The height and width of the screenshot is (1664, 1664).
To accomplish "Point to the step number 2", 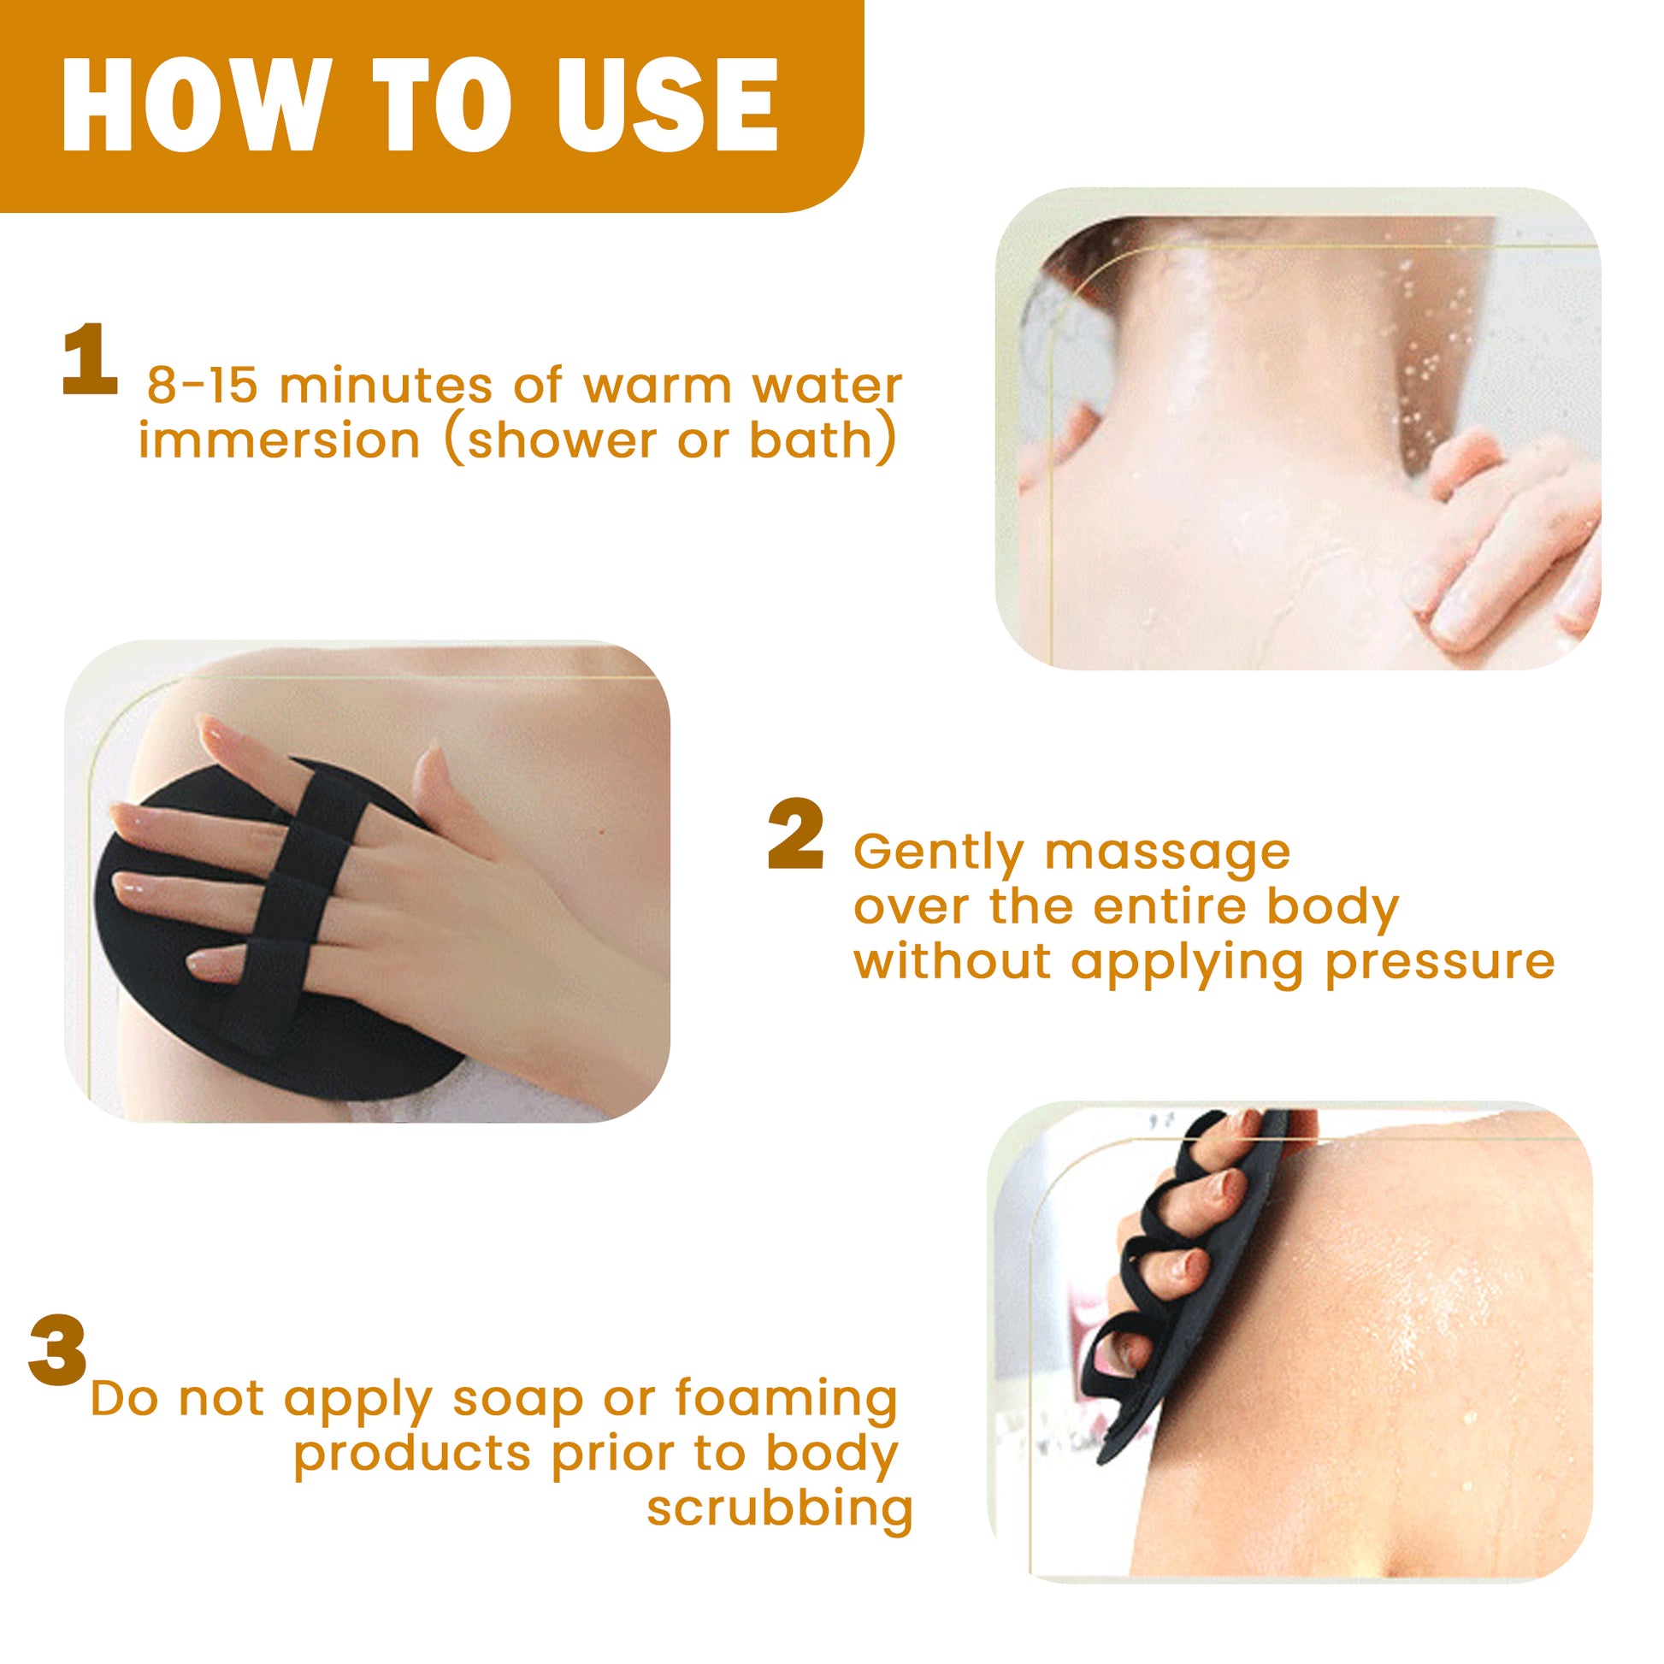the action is point(795,835).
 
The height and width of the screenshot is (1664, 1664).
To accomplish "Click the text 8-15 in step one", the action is point(203,385).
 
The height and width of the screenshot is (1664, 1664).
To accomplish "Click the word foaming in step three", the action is point(787,1400).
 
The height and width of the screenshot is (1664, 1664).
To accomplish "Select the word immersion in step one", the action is point(279,440).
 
